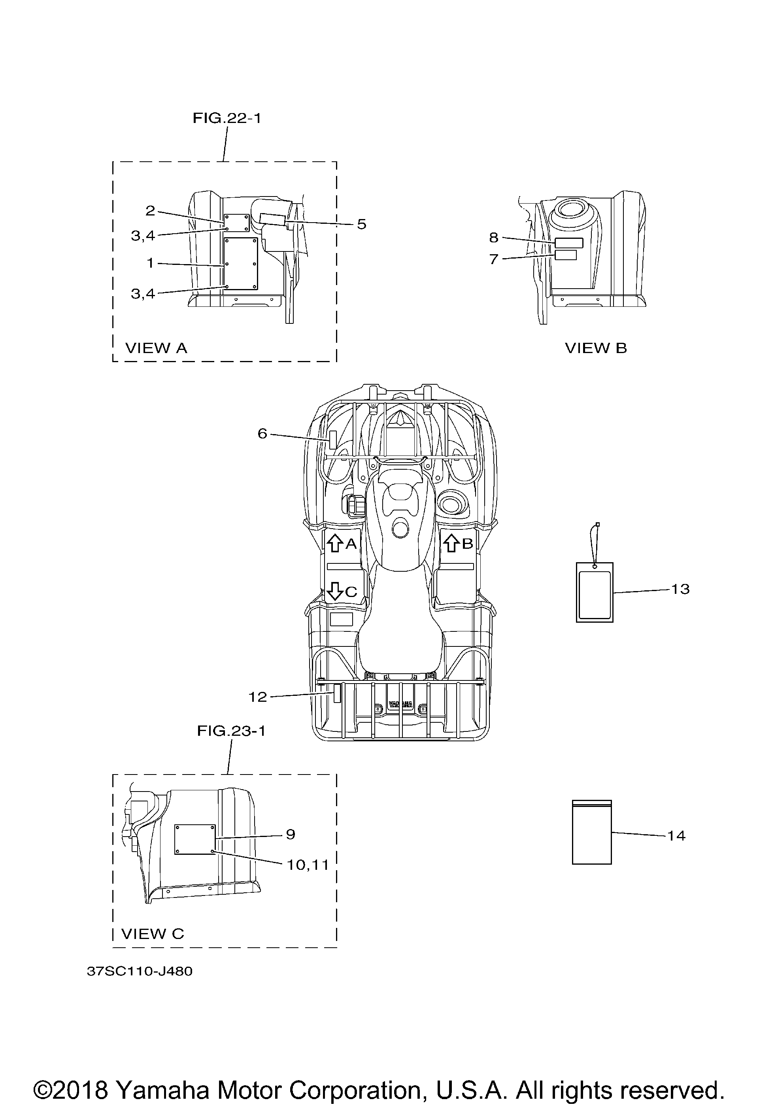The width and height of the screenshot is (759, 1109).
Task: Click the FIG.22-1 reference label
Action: [227, 118]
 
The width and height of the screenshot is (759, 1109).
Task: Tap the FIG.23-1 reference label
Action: [231, 731]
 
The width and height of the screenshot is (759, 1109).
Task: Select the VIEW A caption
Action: [156, 348]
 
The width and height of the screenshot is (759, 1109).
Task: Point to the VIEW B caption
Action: [596, 348]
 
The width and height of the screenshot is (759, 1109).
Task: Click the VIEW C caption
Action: [153, 933]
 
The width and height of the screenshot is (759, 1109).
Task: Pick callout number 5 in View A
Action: [362, 224]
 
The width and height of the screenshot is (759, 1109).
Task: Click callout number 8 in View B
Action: [494, 237]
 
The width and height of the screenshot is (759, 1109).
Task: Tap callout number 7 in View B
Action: [494, 259]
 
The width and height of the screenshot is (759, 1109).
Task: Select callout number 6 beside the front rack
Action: [262, 433]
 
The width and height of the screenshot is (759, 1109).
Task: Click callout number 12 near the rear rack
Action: [258, 697]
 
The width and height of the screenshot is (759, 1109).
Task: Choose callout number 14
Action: [676, 835]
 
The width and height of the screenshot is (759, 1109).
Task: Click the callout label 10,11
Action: [308, 865]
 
